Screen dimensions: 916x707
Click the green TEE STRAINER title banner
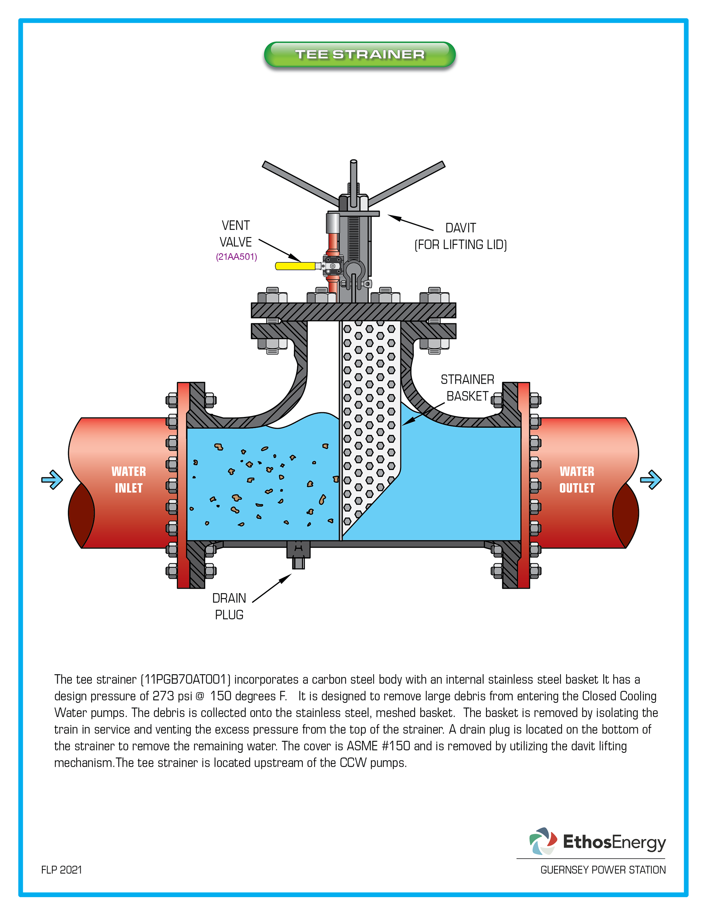click(x=360, y=54)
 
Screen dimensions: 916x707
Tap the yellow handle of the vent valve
click(x=295, y=266)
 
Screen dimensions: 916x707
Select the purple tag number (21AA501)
click(x=236, y=257)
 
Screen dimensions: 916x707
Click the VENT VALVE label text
click(x=236, y=234)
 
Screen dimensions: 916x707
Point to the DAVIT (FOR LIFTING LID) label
click(x=461, y=236)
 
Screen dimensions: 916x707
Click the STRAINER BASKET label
click(x=467, y=387)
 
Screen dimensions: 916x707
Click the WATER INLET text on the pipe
click(x=129, y=480)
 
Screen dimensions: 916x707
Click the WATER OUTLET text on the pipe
click(x=577, y=480)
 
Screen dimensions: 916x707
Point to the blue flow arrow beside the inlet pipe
click(x=52, y=480)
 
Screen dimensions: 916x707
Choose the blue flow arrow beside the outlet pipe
click(x=651, y=480)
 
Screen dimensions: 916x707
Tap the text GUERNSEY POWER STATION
click(x=603, y=870)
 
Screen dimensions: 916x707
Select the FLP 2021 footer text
click(x=61, y=870)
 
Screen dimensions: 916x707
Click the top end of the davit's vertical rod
click(x=353, y=162)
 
